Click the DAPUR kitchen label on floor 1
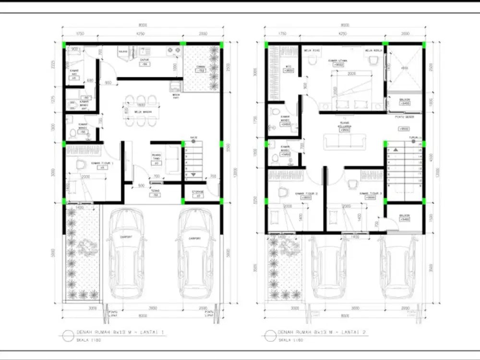click(x=143, y=60)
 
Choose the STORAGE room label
click(x=198, y=192)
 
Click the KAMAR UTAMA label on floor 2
click(x=338, y=61)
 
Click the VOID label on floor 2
click(x=404, y=68)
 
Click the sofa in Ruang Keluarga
click(x=343, y=141)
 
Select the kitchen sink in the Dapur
click(x=144, y=50)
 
